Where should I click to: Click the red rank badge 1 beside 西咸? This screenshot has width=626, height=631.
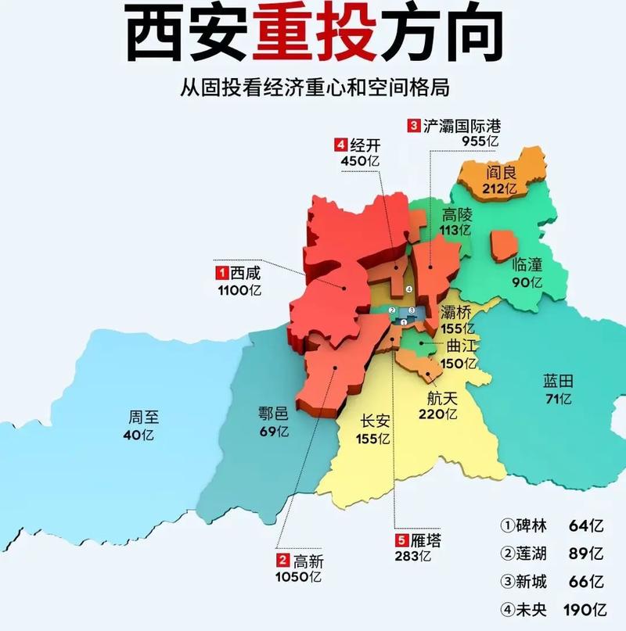(x=222, y=273)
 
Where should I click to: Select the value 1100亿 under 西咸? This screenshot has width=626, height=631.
(x=239, y=290)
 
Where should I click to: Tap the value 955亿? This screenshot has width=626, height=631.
(x=478, y=141)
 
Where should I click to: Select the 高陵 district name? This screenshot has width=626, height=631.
(x=458, y=214)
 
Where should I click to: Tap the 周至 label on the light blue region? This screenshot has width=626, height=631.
(x=144, y=417)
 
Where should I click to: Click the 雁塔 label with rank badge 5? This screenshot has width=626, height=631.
(x=425, y=540)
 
